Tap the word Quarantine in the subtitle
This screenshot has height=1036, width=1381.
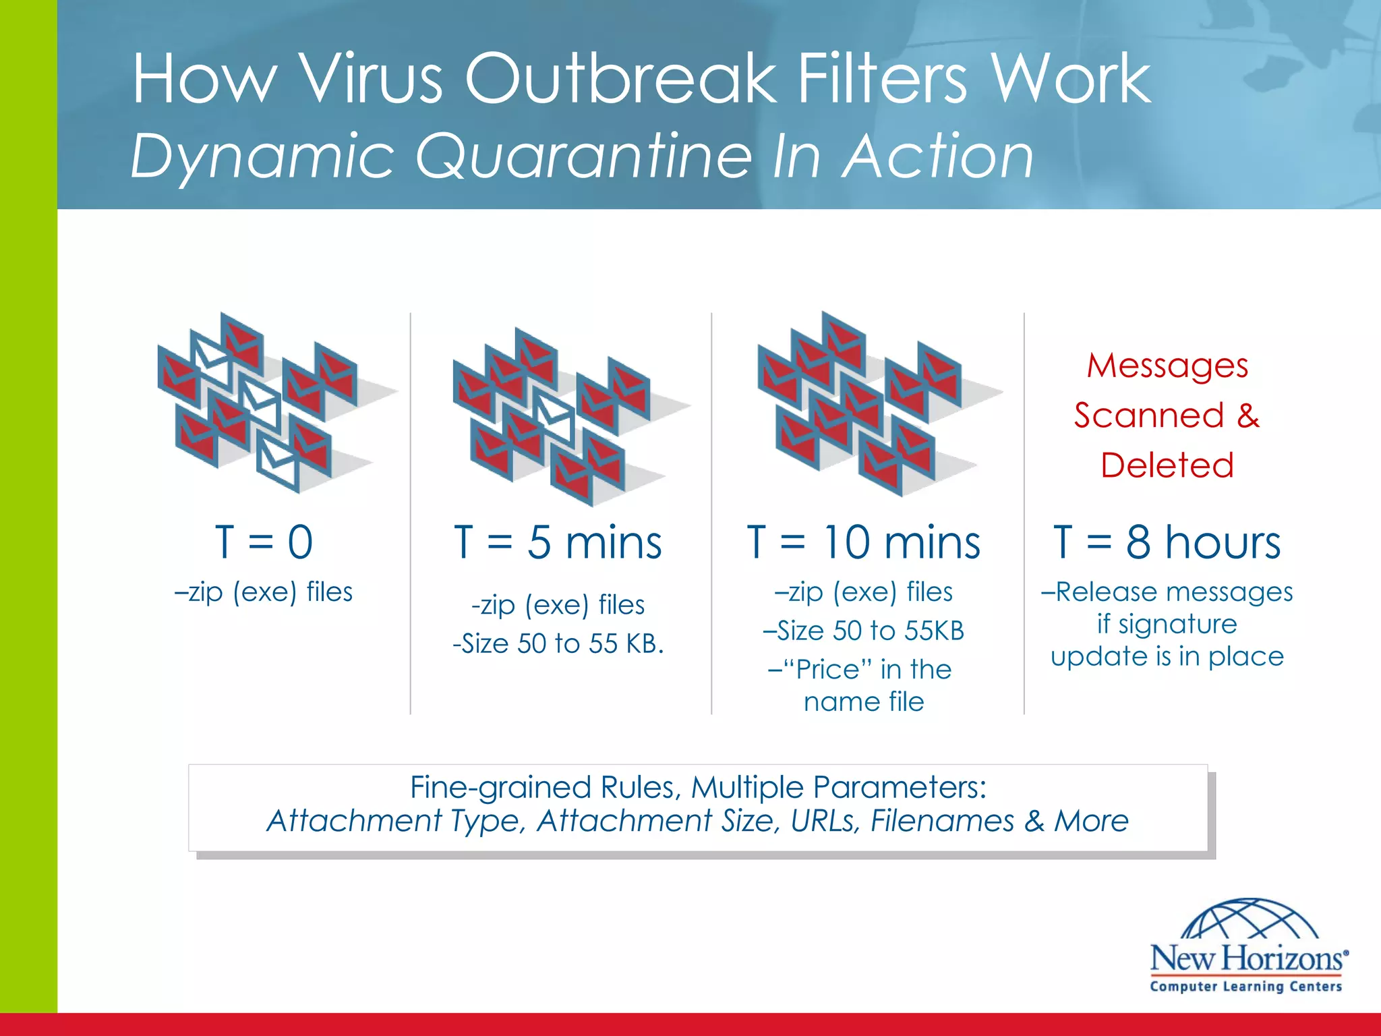583,156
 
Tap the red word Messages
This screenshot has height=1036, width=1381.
1167,366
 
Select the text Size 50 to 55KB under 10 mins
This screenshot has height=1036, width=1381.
870,631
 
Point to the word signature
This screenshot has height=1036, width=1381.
1177,624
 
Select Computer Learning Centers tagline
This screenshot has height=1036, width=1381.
1246,986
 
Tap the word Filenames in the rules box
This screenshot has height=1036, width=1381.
942,821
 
